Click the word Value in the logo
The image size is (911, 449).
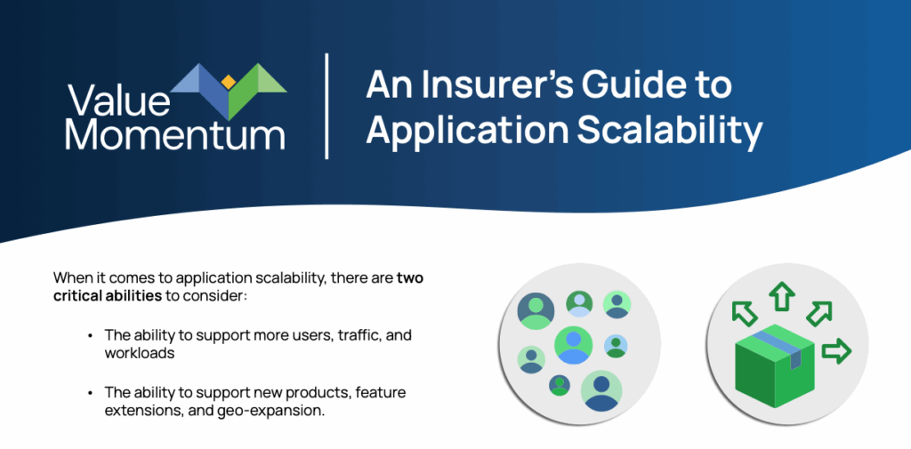(119, 100)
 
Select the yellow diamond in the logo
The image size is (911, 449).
(229, 82)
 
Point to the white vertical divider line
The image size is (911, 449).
(327, 106)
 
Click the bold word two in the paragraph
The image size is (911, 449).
(410, 277)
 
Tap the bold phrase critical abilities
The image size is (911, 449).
(108, 296)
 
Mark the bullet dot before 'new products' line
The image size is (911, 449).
(90, 393)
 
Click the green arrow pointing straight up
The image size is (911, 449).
(781, 297)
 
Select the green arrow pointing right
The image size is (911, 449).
(836, 352)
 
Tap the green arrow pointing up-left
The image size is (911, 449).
(745, 314)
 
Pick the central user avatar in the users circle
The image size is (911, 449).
(574, 345)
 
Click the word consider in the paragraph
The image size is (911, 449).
(223, 296)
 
